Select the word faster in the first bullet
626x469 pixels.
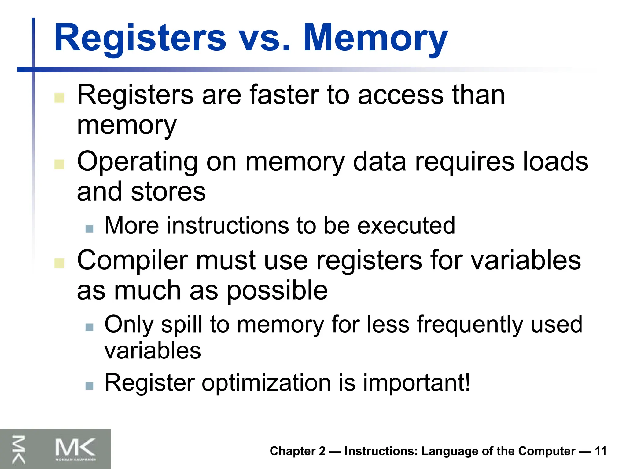284,95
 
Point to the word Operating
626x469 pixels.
137,162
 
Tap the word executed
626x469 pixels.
406,226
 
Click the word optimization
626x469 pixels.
266,383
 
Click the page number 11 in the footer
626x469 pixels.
601,451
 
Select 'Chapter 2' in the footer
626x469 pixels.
297,451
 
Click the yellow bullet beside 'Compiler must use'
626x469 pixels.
59,263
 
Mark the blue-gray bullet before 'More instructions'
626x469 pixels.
89,228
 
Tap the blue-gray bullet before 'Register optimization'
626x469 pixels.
89,385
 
